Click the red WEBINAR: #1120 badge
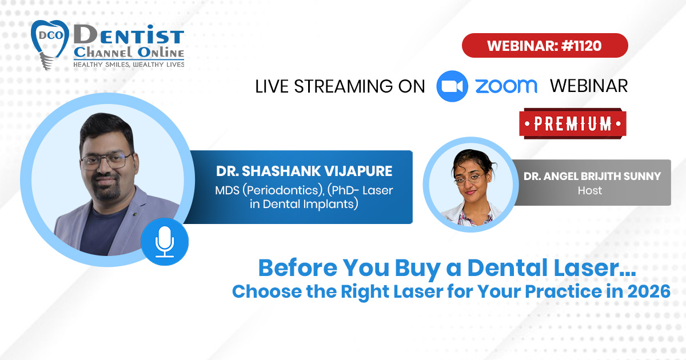pyautogui.click(x=545, y=45)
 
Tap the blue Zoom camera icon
pyautogui.click(x=452, y=86)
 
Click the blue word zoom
pyautogui.click(x=506, y=86)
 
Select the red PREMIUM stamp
pyautogui.click(x=573, y=123)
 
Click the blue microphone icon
pyautogui.click(x=165, y=242)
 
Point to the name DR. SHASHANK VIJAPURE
pyautogui.click(x=304, y=171)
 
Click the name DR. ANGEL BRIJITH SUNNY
pyautogui.click(x=592, y=177)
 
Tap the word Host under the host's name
pyautogui.click(x=590, y=191)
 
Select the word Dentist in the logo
pyautogui.click(x=129, y=35)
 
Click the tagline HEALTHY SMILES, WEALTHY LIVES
pyautogui.click(x=129, y=64)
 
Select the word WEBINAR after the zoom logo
pyautogui.click(x=589, y=86)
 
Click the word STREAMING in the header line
pyautogui.click(x=343, y=86)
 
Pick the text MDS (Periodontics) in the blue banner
pyautogui.click(x=269, y=190)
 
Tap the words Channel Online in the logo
pyautogui.click(x=129, y=53)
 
